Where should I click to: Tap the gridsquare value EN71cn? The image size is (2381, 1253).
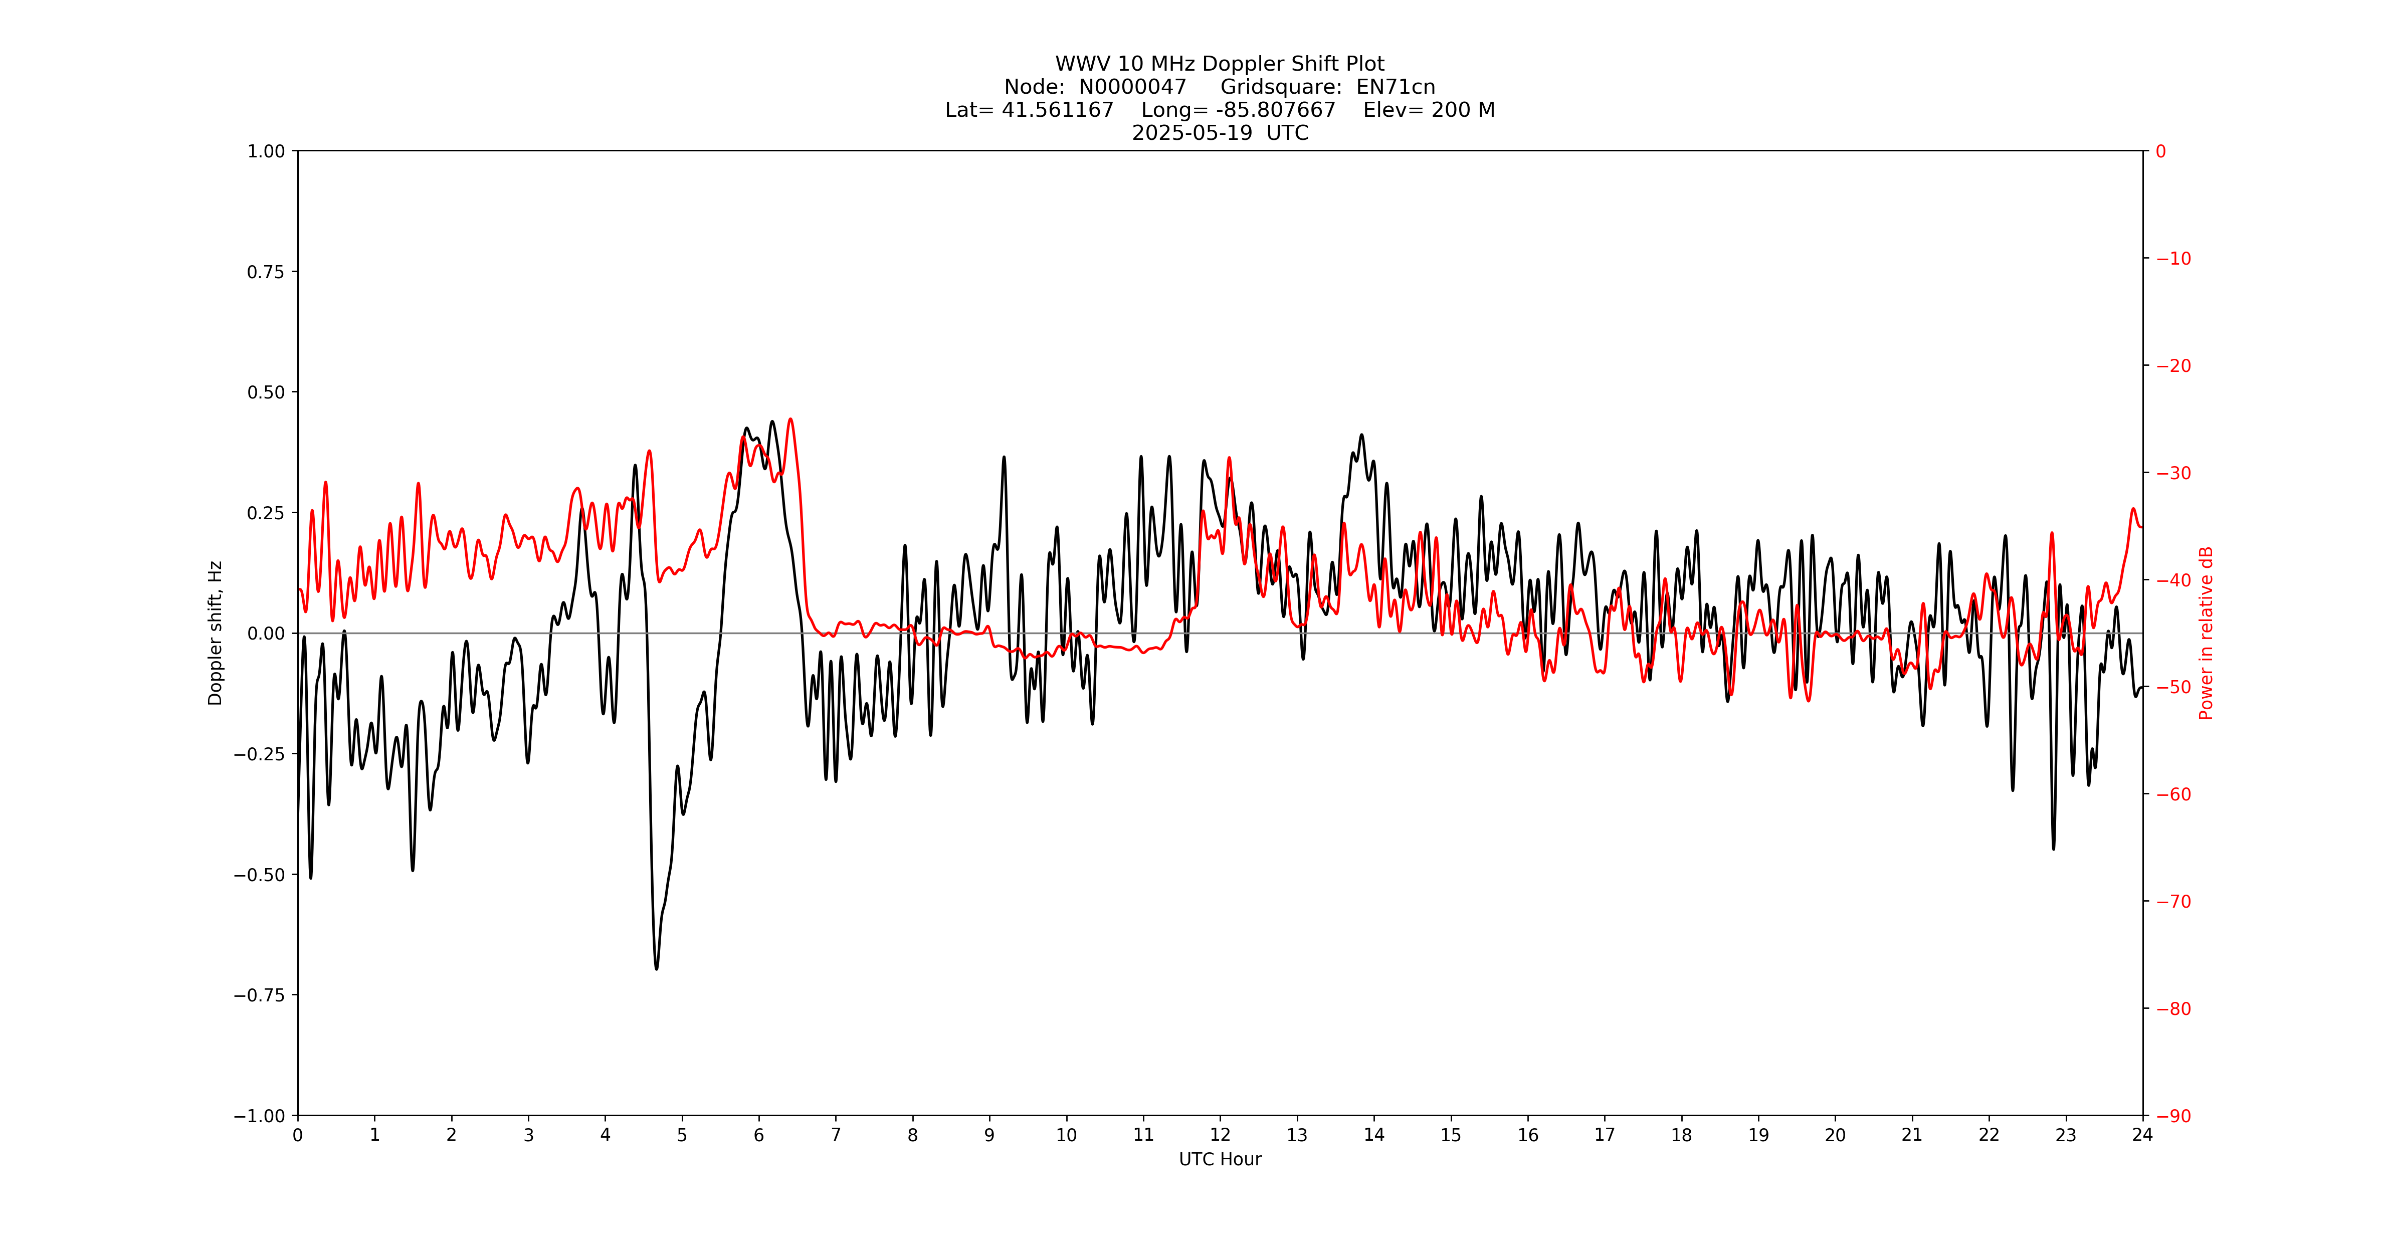tap(1395, 87)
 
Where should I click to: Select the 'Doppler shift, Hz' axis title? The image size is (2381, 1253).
tap(216, 633)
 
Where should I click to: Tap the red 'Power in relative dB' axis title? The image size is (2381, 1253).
tap(2206, 633)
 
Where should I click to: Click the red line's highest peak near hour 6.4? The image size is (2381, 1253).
tap(790, 420)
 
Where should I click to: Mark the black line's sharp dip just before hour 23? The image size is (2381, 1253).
tap(2054, 848)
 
